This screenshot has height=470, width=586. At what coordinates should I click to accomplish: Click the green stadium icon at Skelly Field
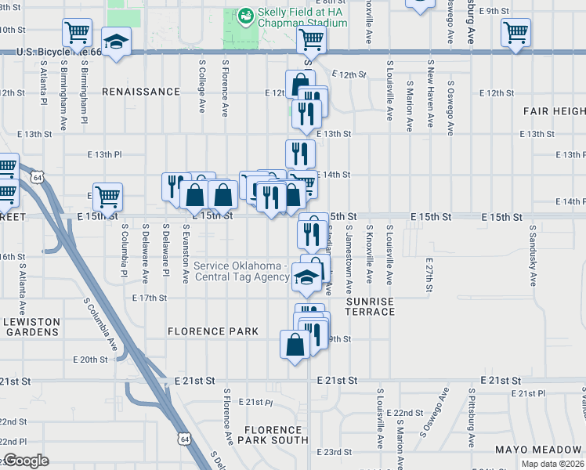coord(245,15)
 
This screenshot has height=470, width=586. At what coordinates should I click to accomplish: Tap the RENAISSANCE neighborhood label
coord(141,92)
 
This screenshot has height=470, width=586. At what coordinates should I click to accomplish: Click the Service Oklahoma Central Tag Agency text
coord(242,271)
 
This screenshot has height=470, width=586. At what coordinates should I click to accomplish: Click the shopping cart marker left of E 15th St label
coord(107,196)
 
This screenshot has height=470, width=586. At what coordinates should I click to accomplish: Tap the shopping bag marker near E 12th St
coord(301,84)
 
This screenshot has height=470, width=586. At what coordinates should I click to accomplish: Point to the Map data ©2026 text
coord(552,464)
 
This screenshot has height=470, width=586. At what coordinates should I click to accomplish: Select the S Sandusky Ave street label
coord(533,259)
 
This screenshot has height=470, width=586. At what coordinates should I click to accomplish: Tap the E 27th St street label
coord(429,275)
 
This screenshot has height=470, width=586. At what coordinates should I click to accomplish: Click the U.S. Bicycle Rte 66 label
coord(59,52)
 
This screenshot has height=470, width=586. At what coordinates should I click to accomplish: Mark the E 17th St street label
coord(150,298)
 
